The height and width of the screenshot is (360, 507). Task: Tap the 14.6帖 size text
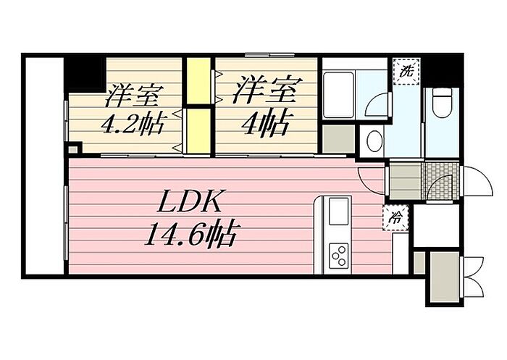click(190, 234)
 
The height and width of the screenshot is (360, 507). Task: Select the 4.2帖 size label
click(133, 123)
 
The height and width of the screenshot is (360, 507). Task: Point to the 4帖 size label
click(267, 124)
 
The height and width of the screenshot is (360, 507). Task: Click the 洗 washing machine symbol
click(406, 71)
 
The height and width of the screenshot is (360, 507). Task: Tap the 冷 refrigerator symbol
click(395, 218)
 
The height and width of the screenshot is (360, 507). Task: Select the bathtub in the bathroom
click(339, 95)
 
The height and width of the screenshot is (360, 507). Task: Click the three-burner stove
click(338, 256)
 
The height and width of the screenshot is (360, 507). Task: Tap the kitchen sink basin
click(339, 212)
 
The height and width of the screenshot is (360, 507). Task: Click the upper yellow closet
click(198, 81)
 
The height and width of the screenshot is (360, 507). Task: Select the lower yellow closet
click(198, 130)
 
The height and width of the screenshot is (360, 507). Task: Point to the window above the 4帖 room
click(269, 55)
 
